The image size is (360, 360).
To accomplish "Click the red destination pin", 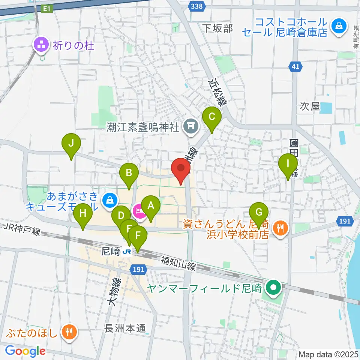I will pos(181,168).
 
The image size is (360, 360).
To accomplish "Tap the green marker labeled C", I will pos(211,117).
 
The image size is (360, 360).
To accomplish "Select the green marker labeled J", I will pos(71,143).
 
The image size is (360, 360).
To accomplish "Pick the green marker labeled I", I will pos(288,164).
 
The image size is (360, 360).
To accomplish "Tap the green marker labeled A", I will pos(151,206).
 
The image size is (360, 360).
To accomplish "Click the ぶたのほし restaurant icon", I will pos(69,331).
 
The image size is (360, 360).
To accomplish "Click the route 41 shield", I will pos(296,67).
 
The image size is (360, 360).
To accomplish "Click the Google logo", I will pos(25,351).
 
